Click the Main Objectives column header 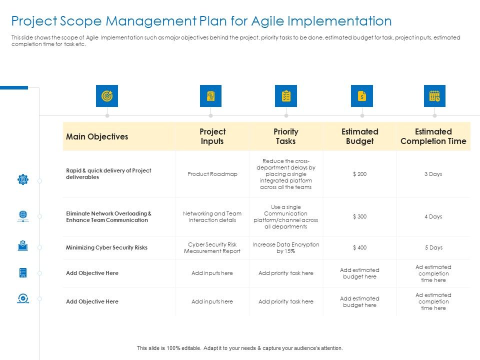click(x=97, y=136)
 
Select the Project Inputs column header click(x=212, y=136)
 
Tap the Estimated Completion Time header click(x=433, y=136)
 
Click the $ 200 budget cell click(x=359, y=174)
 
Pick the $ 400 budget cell click(x=359, y=247)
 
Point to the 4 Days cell click(x=433, y=216)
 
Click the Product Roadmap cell click(x=212, y=174)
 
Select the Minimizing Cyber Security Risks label click(x=106, y=247)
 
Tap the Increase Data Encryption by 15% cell click(x=285, y=247)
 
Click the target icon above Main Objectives click(x=107, y=96)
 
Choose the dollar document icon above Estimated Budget click(x=362, y=96)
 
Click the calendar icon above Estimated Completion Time click(x=434, y=96)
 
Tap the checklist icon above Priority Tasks click(x=286, y=96)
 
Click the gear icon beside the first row click(x=23, y=179)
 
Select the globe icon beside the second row click(x=23, y=216)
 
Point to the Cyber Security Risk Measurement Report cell click(x=212, y=247)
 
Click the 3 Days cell click(x=433, y=174)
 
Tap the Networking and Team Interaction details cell click(x=212, y=216)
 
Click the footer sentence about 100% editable click(x=240, y=348)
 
